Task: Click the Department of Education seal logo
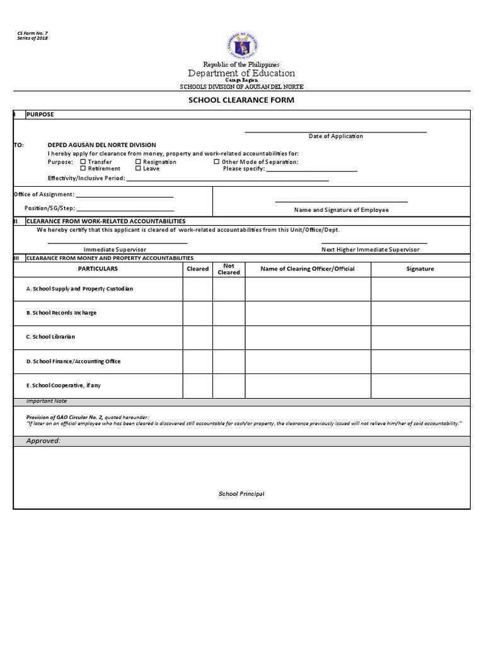[242, 45]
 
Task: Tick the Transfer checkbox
[83, 162]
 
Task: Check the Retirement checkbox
[83, 168]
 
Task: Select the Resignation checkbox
[138, 162]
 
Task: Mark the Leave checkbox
[138, 168]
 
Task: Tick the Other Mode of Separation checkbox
[217, 162]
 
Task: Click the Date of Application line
[335, 132]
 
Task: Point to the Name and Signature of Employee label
[341, 210]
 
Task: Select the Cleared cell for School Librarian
[197, 337]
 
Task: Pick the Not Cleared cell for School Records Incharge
[228, 313]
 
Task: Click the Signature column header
[420, 269]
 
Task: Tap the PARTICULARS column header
[98, 269]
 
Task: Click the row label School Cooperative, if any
[63, 385]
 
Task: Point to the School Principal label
[241, 494]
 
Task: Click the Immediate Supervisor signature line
[117, 242]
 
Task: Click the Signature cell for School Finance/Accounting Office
[420, 361]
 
